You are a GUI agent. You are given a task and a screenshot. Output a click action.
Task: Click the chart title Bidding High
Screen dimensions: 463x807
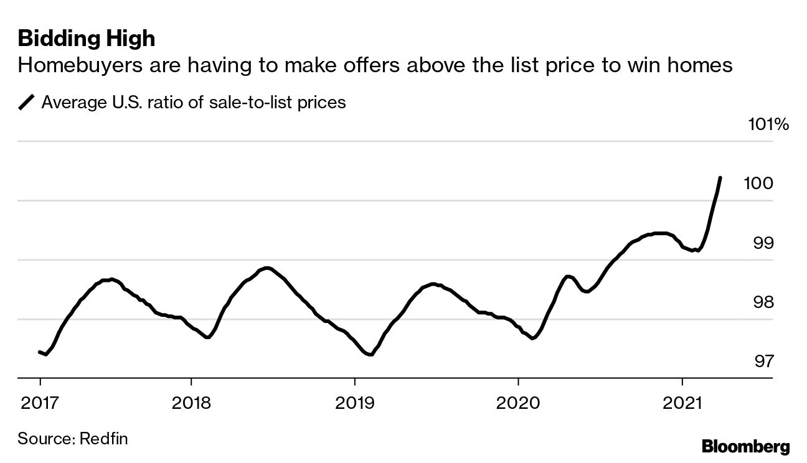point(87,39)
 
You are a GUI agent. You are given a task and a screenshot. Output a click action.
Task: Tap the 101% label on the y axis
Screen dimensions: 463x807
point(768,124)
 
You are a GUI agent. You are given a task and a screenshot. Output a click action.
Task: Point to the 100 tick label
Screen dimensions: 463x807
point(758,184)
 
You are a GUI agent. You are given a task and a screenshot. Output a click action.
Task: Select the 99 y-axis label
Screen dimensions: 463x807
point(763,243)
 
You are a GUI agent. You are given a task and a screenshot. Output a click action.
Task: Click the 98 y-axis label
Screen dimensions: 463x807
point(763,302)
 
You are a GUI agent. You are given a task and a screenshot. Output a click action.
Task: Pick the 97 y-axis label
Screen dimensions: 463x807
point(763,361)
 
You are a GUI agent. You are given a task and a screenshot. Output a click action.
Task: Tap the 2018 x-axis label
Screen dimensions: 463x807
point(191,403)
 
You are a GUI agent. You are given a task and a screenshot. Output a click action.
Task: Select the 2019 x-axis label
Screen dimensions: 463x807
point(354,403)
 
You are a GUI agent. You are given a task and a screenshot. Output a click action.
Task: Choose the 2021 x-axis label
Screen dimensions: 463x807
point(682,403)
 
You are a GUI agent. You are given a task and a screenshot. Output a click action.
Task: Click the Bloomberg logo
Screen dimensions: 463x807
point(745,446)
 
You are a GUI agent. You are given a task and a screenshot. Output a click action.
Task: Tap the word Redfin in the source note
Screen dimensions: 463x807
point(104,438)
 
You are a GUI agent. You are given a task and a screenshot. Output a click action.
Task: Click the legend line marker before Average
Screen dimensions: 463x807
point(27,102)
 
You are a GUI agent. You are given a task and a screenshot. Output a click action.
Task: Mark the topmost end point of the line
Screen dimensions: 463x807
point(720,178)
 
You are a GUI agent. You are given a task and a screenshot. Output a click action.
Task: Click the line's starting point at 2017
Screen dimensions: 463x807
point(40,352)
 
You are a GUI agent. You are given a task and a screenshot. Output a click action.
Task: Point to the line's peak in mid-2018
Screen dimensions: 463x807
point(267,268)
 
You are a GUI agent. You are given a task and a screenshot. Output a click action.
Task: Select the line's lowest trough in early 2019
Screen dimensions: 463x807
point(370,355)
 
